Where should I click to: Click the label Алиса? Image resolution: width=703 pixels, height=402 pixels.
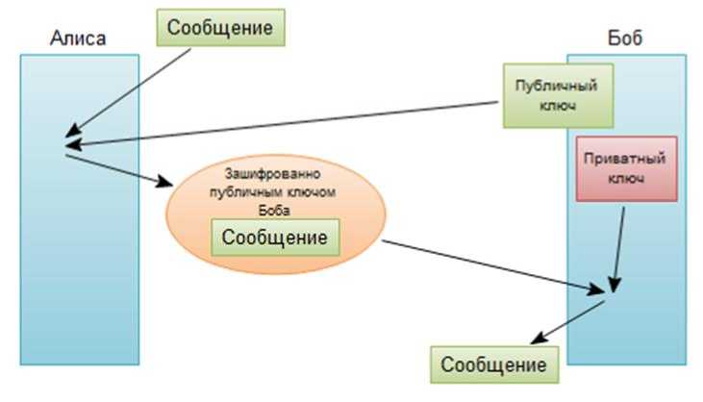click(x=77, y=38)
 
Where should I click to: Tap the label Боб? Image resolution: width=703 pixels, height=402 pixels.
click(x=625, y=38)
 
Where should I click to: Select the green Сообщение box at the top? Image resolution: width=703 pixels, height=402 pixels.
click(x=220, y=28)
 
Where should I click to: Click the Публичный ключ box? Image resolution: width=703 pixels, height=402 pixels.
click(x=558, y=95)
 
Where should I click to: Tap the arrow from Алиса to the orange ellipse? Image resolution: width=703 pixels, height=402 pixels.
click(x=115, y=168)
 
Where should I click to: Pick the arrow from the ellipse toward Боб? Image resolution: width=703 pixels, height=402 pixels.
click(x=490, y=264)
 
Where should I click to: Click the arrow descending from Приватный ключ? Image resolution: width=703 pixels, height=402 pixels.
click(x=619, y=245)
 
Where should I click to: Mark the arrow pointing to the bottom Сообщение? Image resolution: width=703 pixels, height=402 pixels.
click(x=567, y=322)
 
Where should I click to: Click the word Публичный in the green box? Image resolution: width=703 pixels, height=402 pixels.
click(x=558, y=86)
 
